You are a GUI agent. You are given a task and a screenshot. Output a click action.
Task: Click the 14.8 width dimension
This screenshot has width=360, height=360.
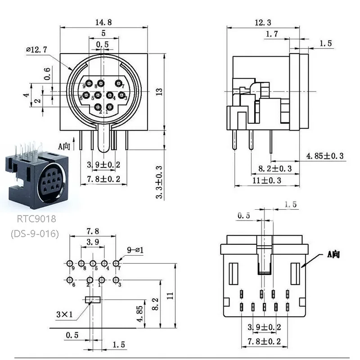pyautogui.click(x=103, y=21)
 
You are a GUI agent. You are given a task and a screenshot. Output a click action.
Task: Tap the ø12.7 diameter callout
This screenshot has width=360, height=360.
pyautogui.click(x=38, y=50)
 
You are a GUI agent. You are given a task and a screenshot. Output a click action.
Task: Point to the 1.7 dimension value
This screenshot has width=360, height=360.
pyautogui.click(x=272, y=34)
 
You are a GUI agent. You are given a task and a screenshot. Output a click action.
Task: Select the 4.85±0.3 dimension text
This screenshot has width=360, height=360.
pyautogui.click(x=325, y=156)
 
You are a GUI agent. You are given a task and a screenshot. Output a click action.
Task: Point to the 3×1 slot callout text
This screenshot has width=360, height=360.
pyautogui.click(x=64, y=314)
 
